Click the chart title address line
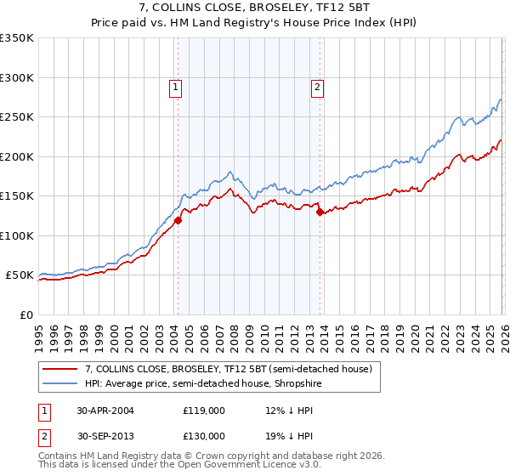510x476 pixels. point(255,8)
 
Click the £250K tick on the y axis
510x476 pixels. point(17,117)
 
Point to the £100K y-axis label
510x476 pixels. point(17,236)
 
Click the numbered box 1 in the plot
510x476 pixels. point(174,86)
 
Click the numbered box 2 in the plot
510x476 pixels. point(317,86)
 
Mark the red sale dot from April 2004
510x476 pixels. point(178,221)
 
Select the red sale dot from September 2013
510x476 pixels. point(320,212)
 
